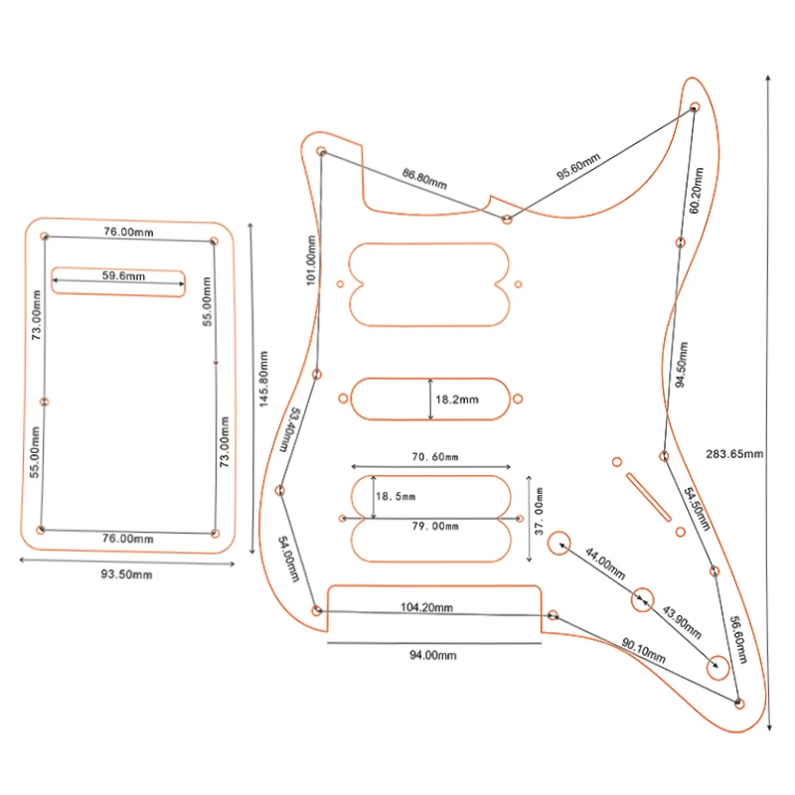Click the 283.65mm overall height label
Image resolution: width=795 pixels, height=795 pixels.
click(734, 454)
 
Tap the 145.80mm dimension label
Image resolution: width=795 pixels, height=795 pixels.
click(263, 379)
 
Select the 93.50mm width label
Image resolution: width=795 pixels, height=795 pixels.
click(126, 574)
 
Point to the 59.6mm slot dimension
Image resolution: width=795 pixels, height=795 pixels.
click(123, 276)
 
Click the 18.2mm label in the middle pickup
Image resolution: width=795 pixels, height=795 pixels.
click(457, 399)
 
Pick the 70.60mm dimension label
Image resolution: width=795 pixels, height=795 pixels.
click(435, 457)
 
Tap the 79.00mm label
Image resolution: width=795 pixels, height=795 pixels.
click(435, 527)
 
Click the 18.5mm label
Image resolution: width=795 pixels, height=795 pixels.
click(396, 496)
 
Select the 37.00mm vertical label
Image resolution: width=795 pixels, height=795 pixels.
click(539, 511)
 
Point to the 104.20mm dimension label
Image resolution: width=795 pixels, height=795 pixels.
click(426, 607)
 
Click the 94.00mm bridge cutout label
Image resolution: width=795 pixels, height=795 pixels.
click(433, 655)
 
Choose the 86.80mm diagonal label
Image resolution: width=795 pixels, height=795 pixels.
click(425, 179)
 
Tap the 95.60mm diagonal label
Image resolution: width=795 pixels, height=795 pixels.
click(578, 166)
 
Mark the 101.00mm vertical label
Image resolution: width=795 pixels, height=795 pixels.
click(311, 260)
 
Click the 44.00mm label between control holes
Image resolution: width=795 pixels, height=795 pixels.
click(605, 563)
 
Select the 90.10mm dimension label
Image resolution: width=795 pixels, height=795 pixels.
click(643, 651)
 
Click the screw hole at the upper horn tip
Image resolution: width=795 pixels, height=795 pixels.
click(695, 107)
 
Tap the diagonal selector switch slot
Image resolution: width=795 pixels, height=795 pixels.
click(649, 497)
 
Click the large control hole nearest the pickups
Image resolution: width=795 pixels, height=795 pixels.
click(558, 543)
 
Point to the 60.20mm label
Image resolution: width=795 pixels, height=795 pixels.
click(697, 190)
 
